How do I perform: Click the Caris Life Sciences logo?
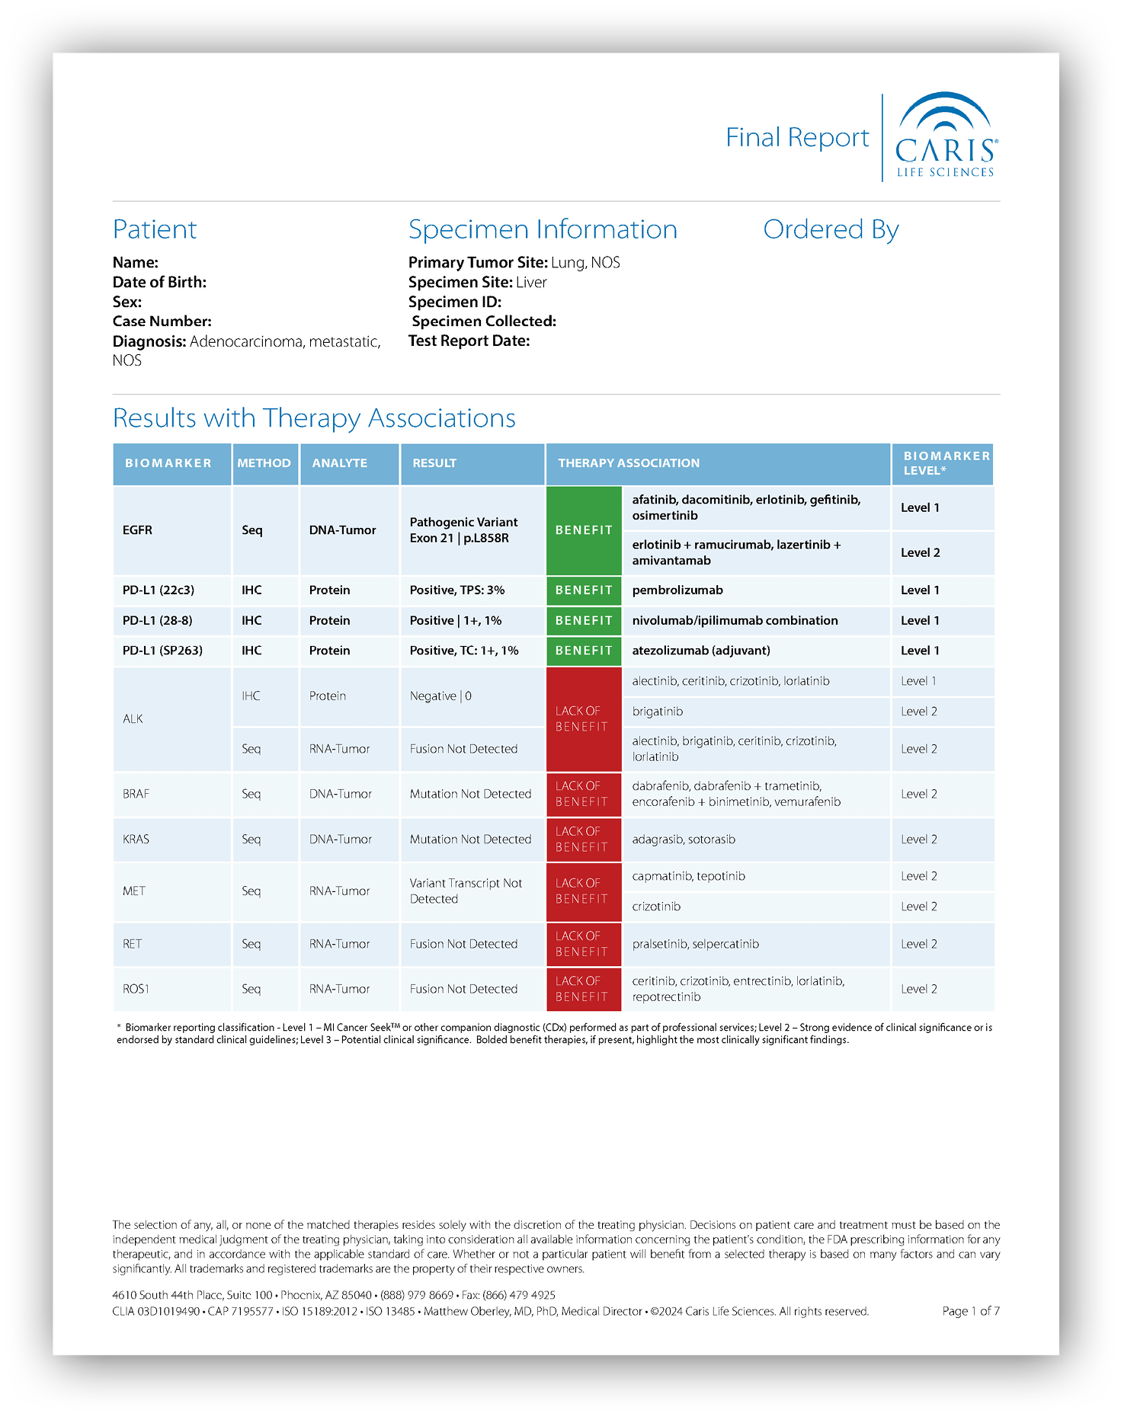pyautogui.click(x=945, y=137)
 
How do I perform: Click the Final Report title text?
pyautogui.click(x=796, y=138)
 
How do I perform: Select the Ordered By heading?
pyautogui.click(x=831, y=229)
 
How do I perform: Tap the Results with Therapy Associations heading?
pyautogui.click(x=314, y=418)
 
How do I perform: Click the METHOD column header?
pyautogui.click(x=264, y=463)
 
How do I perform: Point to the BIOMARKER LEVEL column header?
pyautogui.click(x=945, y=463)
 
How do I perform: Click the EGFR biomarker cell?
pyautogui.click(x=138, y=530)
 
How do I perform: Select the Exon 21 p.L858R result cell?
pyautogui.click(x=463, y=530)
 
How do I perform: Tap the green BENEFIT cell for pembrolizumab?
pyautogui.click(x=584, y=590)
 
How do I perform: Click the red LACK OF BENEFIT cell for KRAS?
pyautogui.click(x=584, y=840)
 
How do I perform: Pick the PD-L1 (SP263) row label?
pyautogui.click(x=162, y=651)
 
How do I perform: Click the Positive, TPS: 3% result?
pyautogui.click(x=457, y=590)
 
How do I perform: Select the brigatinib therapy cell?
pyautogui.click(x=658, y=712)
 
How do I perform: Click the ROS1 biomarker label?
pyautogui.click(x=136, y=989)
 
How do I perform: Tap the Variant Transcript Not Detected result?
pyautogui.click(x=466, y=891)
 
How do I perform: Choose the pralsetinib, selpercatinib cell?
pyautogui.click(x=695, y=944)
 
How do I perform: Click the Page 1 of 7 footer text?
pyautogui.click(x=970, y=1311)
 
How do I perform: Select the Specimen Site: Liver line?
pyautogui.click(x=477, y=283)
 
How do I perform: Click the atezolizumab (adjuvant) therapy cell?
pyautogui.click(x=701, y=651)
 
